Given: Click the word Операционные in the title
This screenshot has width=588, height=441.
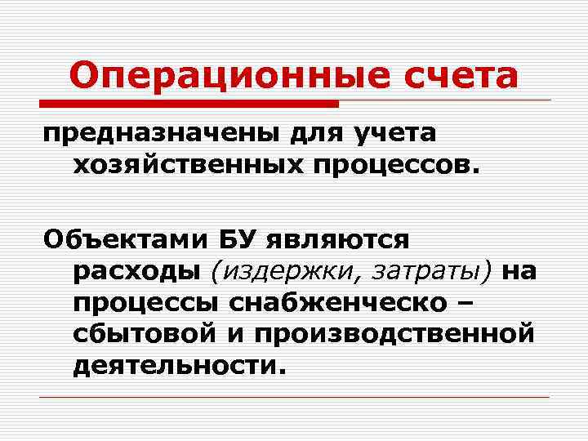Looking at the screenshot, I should coord(212,76).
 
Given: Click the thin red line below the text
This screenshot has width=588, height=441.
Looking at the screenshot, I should coord(294,397).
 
